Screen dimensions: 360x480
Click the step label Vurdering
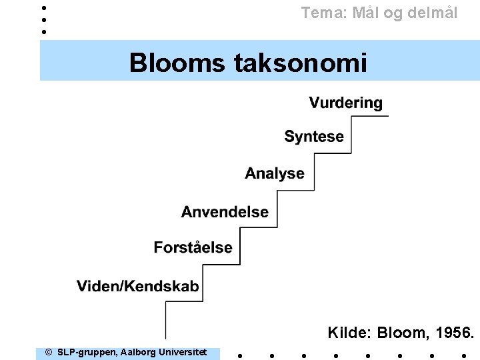click(345, 103)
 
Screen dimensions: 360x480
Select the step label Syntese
click(314, 137)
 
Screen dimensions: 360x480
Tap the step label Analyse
click(274, 173)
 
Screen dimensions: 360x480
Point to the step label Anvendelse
click(225, 212)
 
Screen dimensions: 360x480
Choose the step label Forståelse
click(193, 248)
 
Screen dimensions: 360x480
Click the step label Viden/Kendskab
click(137, 287)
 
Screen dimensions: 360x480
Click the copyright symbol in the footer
click(48, 352)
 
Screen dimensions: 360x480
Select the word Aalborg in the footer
click(139, 352)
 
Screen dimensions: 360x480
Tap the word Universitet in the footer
click(183, 352)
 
